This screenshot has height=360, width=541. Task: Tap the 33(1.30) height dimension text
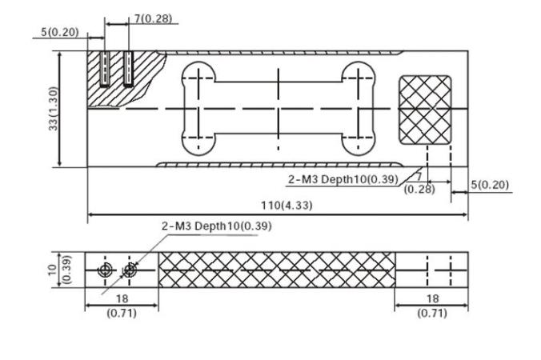pos(54,110)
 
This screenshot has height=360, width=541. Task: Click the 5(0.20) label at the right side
pos(490,185)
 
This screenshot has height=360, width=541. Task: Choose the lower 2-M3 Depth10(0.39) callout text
pos(217,226)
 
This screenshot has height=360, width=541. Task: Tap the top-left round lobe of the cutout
pos(198,76)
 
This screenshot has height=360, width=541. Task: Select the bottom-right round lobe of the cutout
pos(358,142)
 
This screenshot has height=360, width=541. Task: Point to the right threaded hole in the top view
pos(128,70)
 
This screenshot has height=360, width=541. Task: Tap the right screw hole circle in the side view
pos(129,270)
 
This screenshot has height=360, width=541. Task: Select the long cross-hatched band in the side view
pos(276,270)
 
